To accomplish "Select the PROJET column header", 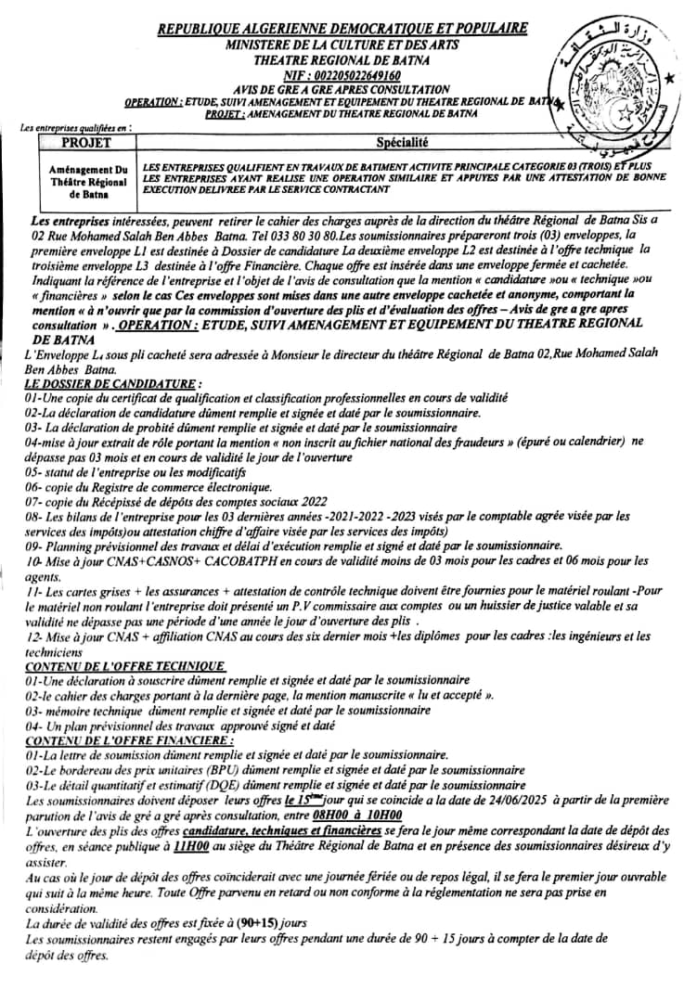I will pyautogui.click(x=89, y=143).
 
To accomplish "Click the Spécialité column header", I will pyautogui.click(x=403, y=143).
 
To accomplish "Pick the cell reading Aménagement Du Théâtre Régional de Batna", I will pyautogui.click(x=89, y=184).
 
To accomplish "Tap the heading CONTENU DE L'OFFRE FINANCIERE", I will pyautogui.click(x=129, y=741).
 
